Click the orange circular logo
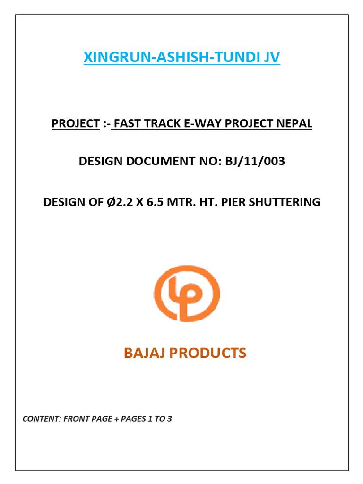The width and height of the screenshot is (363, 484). tap(187, 293)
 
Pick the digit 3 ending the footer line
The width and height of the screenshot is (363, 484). tap(169, 419)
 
